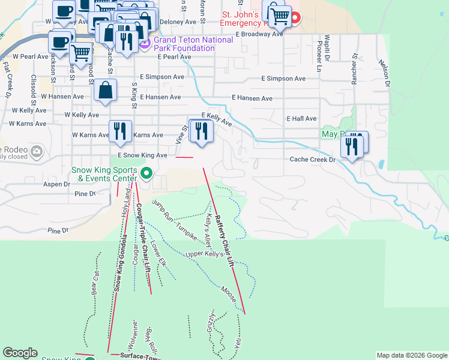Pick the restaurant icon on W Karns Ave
click(x=120, y=131)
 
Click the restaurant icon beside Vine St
click(x=201, y=131)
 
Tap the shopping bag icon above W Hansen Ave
click(x=105, y=91)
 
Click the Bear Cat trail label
click(x=94, y=281)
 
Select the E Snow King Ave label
click(x=142, y=155)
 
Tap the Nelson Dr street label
click(x=384, y=72)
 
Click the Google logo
click(x=20, y=353)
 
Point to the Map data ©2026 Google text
click(x=411, y=355)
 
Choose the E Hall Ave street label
click(x=301, y=119)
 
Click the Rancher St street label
click(x=355, y=70)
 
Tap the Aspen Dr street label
click(x=56, y=185)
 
